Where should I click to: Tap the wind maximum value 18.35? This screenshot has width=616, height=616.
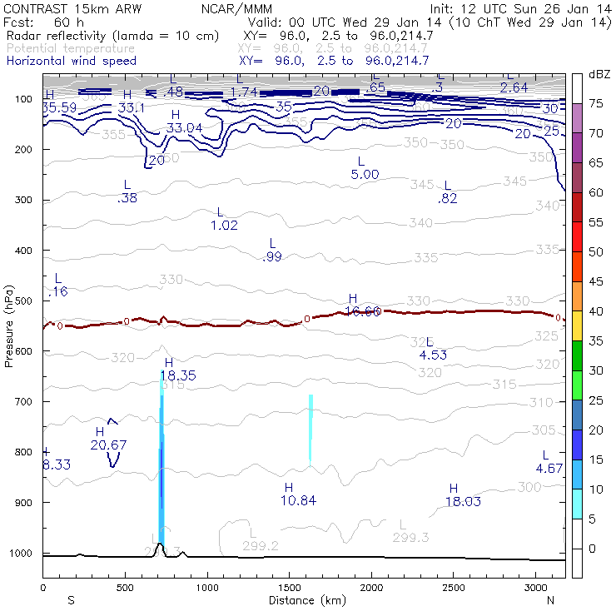tap(180, 376)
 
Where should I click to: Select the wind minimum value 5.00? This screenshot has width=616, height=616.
tap(365, 174)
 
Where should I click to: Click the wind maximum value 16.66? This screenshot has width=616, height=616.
tap(362, 311)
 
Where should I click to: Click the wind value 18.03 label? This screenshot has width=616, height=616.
tap(464, 501)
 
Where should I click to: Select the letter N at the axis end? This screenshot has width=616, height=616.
tap(550, 600)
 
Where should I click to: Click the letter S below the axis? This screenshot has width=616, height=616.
tap(71, 600)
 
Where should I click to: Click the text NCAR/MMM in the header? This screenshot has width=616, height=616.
tap(236, 8)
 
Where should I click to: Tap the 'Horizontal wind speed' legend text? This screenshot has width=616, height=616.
tap(71, 61)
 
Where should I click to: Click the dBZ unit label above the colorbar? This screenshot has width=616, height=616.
tap(598, 75)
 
